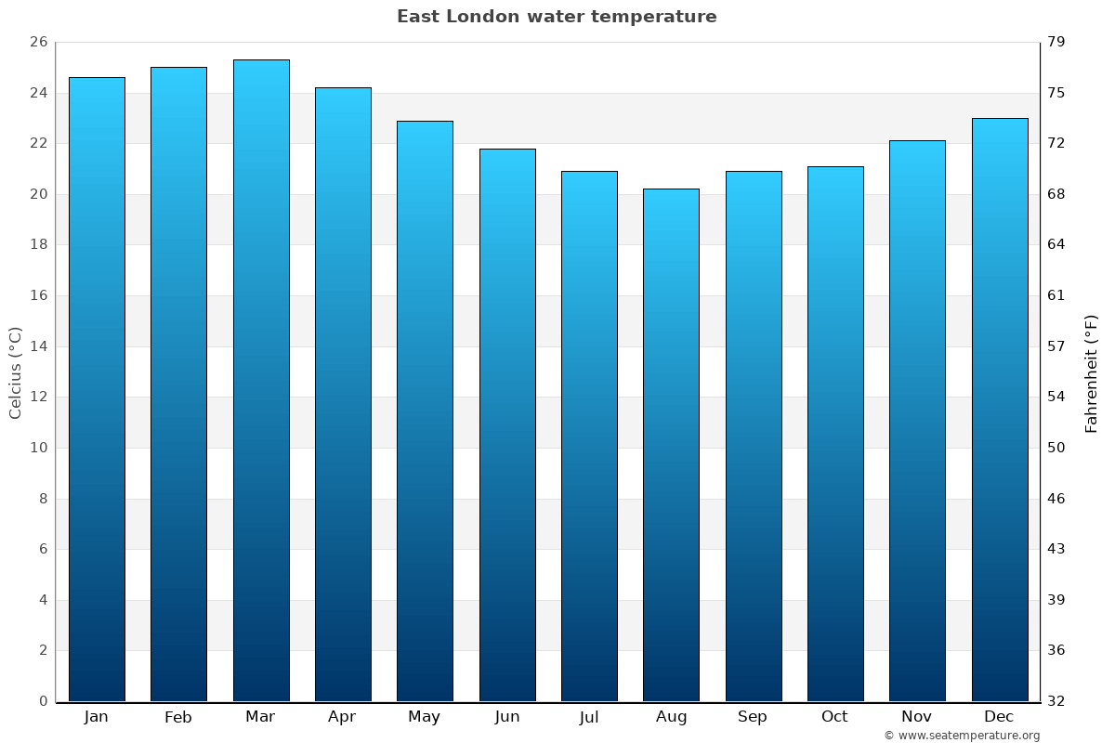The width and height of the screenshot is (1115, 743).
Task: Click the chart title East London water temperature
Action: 557,17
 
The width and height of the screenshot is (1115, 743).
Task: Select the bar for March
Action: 261,381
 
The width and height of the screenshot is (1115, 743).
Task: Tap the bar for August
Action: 671,445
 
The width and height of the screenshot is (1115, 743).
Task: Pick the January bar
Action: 97,389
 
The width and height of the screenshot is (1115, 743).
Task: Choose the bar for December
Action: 1000,410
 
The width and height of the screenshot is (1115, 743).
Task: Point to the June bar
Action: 507,424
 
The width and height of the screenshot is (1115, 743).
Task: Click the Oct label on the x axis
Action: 834,717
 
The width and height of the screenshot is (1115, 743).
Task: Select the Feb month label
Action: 178,717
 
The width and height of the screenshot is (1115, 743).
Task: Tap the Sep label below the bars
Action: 753,717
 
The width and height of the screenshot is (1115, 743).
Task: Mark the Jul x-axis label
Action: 589,717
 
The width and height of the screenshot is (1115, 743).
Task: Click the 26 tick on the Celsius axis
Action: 38,42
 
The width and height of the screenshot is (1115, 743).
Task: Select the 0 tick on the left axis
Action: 43,701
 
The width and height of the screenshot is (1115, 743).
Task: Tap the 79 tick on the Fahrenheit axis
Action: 1056,42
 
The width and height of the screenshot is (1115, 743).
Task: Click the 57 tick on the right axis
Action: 1056,346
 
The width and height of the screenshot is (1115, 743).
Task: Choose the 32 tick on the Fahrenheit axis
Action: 1056,701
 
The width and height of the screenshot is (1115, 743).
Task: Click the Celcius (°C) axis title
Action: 15,372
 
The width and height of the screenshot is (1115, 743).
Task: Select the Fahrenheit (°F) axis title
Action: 1092,372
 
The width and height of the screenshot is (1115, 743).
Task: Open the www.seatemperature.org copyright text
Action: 962,736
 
